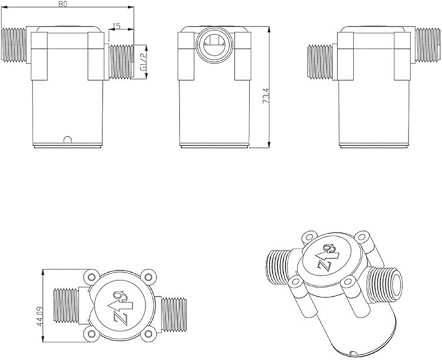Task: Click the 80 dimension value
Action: click(x=62, y=5)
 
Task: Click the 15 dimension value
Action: click(x=116, y=26)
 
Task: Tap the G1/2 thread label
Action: click(x=143, y=62)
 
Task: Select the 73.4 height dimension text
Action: click(x=266, y=96)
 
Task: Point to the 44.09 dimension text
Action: click(x=40, y=316)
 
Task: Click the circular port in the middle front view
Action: click(x=215, y=44)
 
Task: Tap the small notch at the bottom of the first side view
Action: click(x=68, y=140)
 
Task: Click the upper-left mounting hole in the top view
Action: click(x=92, y=277)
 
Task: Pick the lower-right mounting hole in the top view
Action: click(x=147, y=334)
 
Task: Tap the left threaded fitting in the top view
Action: click(x=66, y=305)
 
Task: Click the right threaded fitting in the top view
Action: click(x=174, y=314)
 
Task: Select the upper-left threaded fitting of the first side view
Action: click(x=14, y=45)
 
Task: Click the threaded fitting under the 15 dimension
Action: click(x=121, y=61)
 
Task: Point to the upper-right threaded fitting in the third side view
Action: click(x=428, y=45)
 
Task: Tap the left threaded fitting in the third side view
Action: click(x=320, y=61)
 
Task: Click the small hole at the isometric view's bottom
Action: click(x=352, y=353)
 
